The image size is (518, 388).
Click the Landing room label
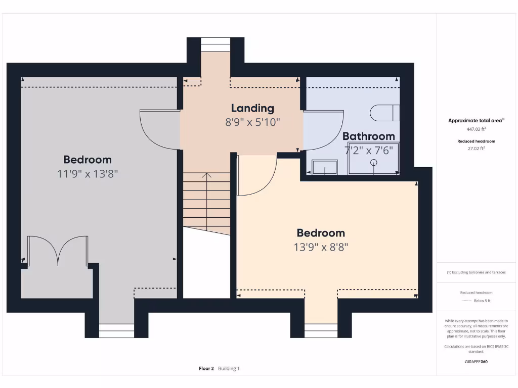pyautogui.click(x=252, y=108)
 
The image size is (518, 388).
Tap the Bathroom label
pyautogui.click(x=368, y=136)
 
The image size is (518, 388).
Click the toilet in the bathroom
pyautogui.click(x=385, y=113)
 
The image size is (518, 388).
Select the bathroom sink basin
pyautogui.click(x=325, y=167)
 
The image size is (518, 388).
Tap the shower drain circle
pyautogui.click(x=374, y=162)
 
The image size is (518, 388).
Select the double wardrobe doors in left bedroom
pyautogui.click(x=58, y=250)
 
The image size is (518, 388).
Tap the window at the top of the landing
pyautogui.click(x=215, y=44)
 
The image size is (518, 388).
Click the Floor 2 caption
pyautogui.click(x=206, y=368)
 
